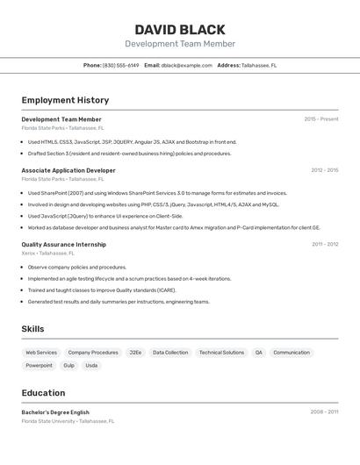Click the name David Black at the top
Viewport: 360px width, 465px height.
coord(180,30)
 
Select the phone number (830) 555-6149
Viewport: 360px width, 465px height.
coord(120,65)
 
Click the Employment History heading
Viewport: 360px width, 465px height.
coord(65,100)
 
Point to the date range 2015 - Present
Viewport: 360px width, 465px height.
coord(320,119)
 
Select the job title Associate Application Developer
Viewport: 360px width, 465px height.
coord(68,170)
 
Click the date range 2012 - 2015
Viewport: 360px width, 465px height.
coord(324,170)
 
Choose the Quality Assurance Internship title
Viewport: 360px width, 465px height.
coord(64,245)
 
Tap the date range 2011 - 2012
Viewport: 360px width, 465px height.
coord(325,245)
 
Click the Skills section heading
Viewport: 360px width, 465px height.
coord(32,329)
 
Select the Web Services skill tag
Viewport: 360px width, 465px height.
coord(41,353)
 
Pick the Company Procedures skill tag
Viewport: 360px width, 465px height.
coord(93,353)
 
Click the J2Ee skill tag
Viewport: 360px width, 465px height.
coord(135,353)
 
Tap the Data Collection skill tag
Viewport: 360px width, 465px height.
coord(170,353)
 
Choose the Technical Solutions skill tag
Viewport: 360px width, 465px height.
coord(221,353)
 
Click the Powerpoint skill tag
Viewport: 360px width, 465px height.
coord(39,366)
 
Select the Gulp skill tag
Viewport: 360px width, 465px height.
coord(68,366)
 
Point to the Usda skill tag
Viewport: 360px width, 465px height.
coord(91,366)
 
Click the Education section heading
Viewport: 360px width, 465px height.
coord(43,393)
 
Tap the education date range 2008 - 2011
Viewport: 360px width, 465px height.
coord(324,411)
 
